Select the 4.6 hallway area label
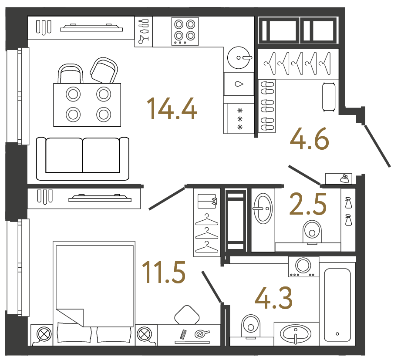pos(309,140)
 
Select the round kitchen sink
pos(239,57)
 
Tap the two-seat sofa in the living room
pos(83,158)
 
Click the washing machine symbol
pos(302,266)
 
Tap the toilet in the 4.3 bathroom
pos(249,325)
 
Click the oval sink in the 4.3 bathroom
pos(296,334)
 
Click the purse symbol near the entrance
pos(343,178)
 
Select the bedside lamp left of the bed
pos(44,335)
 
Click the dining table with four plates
pos(87,104)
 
